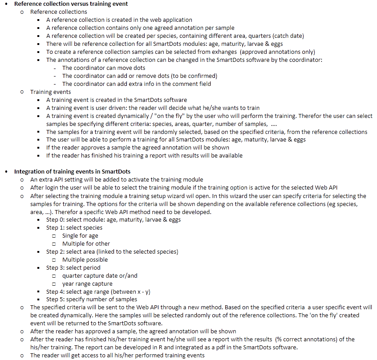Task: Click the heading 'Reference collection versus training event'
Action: pos(71,4)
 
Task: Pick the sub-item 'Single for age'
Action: pos(80,235)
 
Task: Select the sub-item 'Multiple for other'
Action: pos(86,243)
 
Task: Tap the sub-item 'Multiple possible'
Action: pos(85,259)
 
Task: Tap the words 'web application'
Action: pos(171,20)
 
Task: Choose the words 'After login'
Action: pos(47,187)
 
